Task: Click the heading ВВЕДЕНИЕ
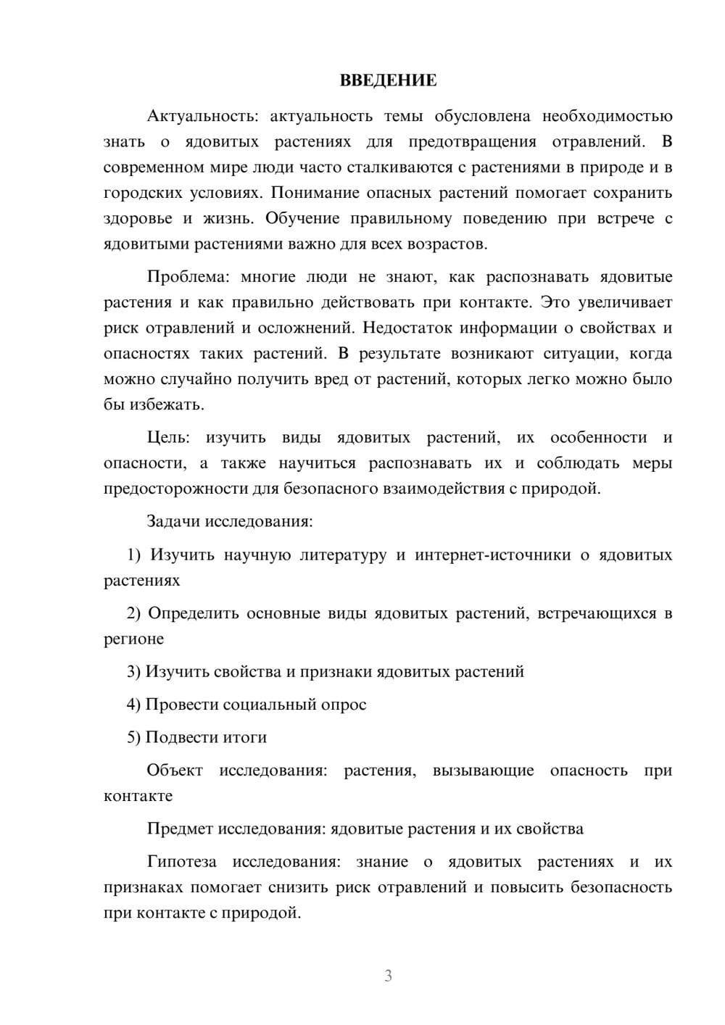click(388, 80)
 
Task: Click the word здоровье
click(138, 218)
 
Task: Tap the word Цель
click(167, 438)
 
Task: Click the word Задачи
click(174, 521)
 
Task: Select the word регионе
click(133, 639)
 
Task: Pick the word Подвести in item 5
click(182, 737)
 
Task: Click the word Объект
click(175, 771)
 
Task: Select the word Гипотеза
click(181, 862)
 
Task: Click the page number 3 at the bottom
click(388, 976)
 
